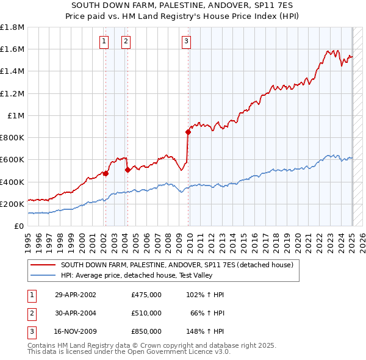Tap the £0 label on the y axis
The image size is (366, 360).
tap(20, 226)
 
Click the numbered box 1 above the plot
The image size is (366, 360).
tap(104, 41)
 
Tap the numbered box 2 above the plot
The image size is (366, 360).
tap(126, 41)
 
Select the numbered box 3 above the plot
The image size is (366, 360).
tap(186, 41)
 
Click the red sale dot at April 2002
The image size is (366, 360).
tap(106, 173)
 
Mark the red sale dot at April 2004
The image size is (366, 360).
tap(127, 170)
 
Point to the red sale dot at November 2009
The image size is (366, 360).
tap(188, 132)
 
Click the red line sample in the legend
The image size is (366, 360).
tap(43, 265)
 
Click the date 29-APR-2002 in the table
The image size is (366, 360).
tap(76, 295)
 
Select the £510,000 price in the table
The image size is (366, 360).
tap(146, 313)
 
